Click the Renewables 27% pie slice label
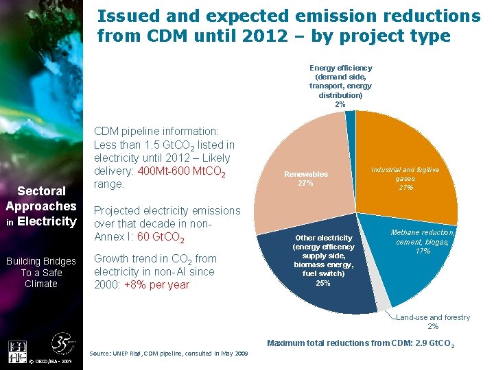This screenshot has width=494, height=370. (x=306, y=179)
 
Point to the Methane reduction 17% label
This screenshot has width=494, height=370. (x=423, y=242)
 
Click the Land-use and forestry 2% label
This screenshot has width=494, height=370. (x=433, y=321)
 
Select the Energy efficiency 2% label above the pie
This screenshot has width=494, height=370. (x=340, y=86)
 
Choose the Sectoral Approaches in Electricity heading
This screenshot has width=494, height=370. (x=41, y=206)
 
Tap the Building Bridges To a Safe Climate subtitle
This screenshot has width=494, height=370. (x=41, y=272)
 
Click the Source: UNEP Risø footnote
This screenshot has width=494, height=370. (x=169, y=354)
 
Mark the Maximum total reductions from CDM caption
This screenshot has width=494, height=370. (x=360, y=343)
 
